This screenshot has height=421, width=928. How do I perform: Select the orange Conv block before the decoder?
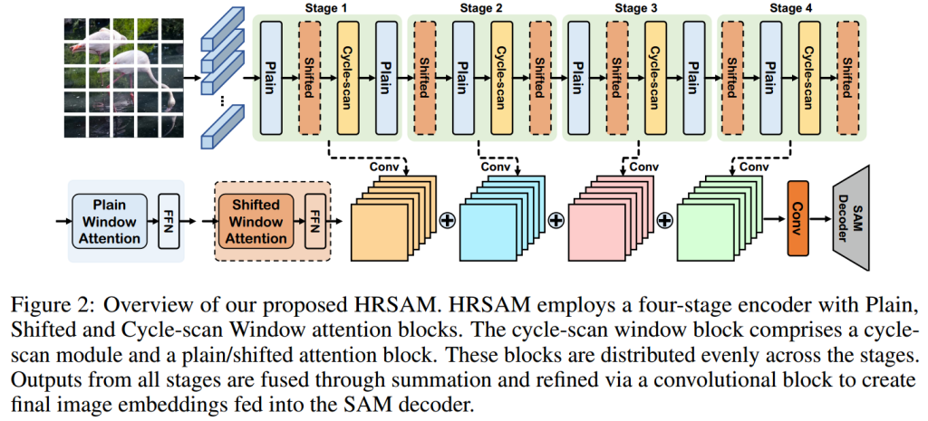coord(798,217)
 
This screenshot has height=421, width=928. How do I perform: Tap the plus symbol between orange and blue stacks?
coord(446,220)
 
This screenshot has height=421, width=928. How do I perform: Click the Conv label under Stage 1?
coord(385,167)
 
